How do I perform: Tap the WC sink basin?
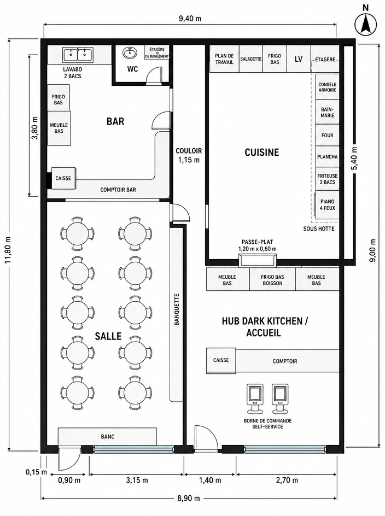tap(130, 52)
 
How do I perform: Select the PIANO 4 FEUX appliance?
tap(327, 204)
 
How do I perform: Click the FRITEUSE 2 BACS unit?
tap(327, 179)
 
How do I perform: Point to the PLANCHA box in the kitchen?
tap(327, 157)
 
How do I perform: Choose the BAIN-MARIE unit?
tap(327, 112)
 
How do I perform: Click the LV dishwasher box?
tap(299, 59)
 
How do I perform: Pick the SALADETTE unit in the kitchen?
tap(250, 59)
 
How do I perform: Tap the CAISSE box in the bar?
tap(63, 178)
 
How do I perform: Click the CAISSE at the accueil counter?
tap(221, 361)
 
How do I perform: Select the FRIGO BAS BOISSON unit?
tap(272, 280)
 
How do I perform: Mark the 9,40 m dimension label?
tap(190, 19)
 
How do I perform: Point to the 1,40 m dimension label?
tap(210, 480)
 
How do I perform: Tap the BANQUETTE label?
tap(177, 309)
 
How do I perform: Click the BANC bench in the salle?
tap(107, 436)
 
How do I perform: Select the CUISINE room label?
tap(262, 153)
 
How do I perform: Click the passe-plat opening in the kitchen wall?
tap(258, 260)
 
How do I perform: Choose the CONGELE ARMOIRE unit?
tap(327, 87)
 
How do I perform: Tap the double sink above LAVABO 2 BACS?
tap(78, 55)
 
